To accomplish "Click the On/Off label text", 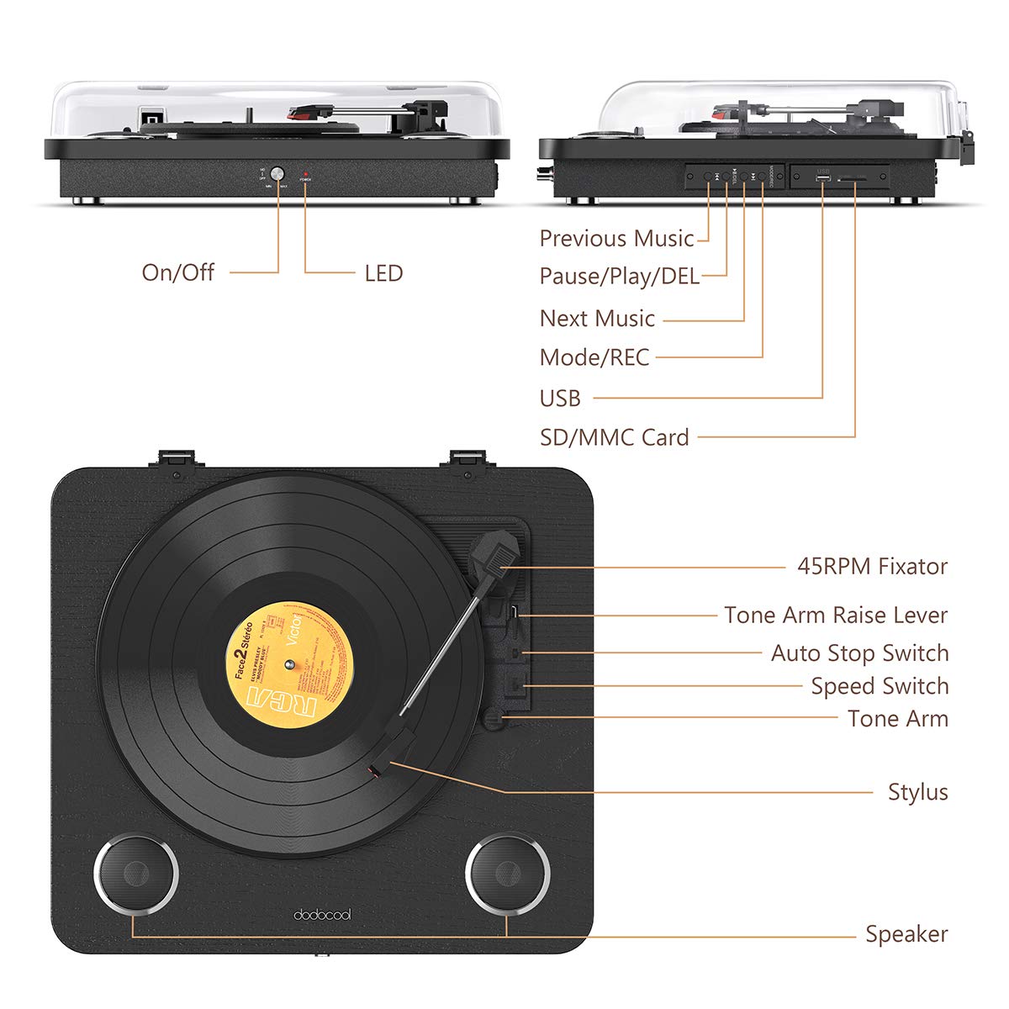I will (177, 272).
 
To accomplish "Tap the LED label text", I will (383, 273).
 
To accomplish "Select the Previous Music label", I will (616, 239).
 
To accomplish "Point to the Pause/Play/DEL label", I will (619, 276).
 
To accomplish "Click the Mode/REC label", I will (594, 357).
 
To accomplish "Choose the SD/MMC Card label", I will (614, 437).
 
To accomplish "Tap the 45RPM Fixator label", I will (872, 567).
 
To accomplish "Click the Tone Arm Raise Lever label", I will (836, 615).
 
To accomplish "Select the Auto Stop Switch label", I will (859, 653).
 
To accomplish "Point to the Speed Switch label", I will (880, 686).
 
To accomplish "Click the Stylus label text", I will (917, 792).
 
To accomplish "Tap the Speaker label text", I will (906, 934).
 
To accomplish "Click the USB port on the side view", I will (822, 178).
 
